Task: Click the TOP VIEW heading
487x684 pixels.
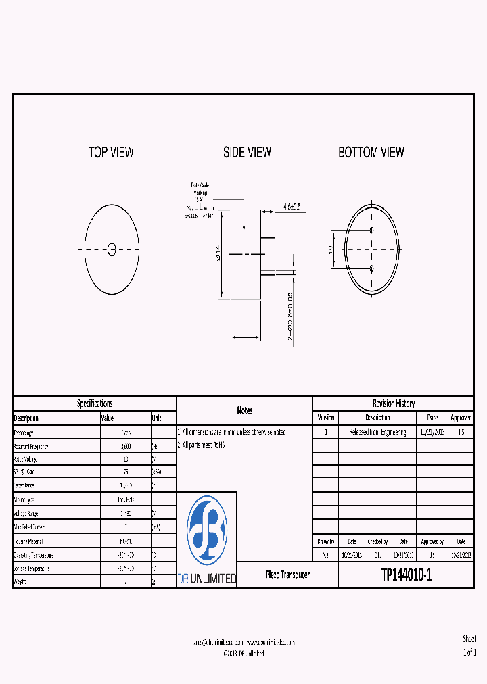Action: [x=112, y=152]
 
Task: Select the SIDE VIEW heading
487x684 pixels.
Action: [x=247, y=153]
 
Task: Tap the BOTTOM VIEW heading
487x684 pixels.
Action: [x=371, y=153]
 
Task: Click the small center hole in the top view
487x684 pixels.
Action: [x=112, y=249]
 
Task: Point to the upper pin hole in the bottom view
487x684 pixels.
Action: [x=372, y=230]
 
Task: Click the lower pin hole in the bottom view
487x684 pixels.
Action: [x=372, y=269]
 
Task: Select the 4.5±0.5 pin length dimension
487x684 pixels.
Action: [x=292, y=205]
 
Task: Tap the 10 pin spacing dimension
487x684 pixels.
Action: [x=330, y=249]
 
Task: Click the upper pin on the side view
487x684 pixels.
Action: [x=268, y=235]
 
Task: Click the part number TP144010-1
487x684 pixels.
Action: [x=406, y=575]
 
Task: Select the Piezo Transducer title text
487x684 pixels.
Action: [x=287, y=575]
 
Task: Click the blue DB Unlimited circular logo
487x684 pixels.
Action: [x=207, y=530]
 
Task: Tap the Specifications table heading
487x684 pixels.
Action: [x=95, y=404]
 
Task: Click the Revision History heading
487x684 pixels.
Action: [x=394, y=404]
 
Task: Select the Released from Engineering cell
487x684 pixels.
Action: [x=377, y=432]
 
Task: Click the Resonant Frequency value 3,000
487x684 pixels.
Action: [x=126, y=447]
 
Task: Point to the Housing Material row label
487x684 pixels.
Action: [x=30, y=541]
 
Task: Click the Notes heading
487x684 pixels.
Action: [x=245, y=410]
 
